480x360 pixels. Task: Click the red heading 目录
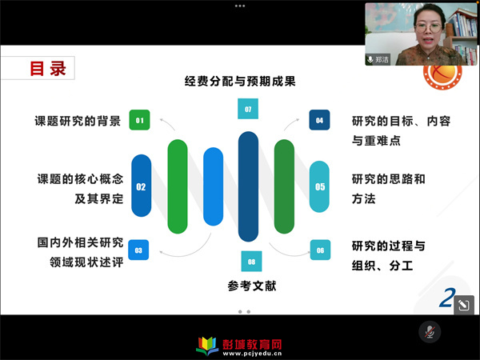click(48, 68)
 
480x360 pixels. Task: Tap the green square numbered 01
click(139, 120)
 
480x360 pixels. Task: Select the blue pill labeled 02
click(141, 186)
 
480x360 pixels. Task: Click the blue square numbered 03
click(138, 250)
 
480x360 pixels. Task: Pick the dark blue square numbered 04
click(319, 120)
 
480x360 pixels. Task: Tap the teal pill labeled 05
click(319, 186)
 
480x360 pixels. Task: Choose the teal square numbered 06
click(320, 250)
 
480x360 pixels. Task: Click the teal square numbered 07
click(248, 109)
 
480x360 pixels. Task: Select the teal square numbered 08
click(251, 262)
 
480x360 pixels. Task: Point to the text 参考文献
click(252, 286)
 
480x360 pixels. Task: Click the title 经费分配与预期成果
click(240, 82)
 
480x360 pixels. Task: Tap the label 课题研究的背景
click(78, 121)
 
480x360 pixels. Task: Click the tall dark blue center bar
click(248, 186)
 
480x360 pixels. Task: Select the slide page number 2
click(447, 298)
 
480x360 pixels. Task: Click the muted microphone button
click(430, 332)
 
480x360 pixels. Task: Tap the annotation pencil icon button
click(464, 305)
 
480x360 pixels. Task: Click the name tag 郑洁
click(378, 59)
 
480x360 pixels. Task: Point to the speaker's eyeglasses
click(429, 29)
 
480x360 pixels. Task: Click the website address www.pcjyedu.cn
click(252, 354)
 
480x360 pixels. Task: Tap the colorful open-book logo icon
click(207, 346)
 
